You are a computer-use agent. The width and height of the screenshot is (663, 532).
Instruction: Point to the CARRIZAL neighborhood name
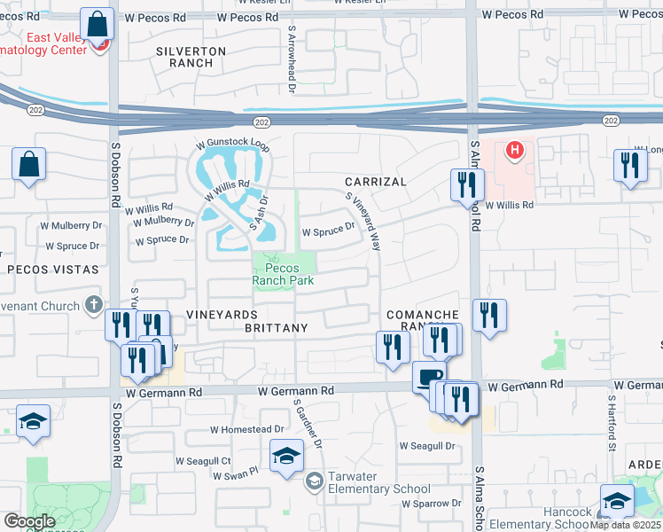pos(376,182)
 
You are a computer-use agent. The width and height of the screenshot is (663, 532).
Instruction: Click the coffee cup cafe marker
pos(429,376)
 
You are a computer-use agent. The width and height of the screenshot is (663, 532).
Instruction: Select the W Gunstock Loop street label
pos(232,143)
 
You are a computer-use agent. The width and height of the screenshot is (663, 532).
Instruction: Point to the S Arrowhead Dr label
pos(291,58)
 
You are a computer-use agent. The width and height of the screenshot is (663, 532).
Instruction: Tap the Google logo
pos(28,521)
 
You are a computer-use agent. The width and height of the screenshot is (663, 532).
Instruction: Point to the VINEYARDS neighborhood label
pos(222,315)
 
